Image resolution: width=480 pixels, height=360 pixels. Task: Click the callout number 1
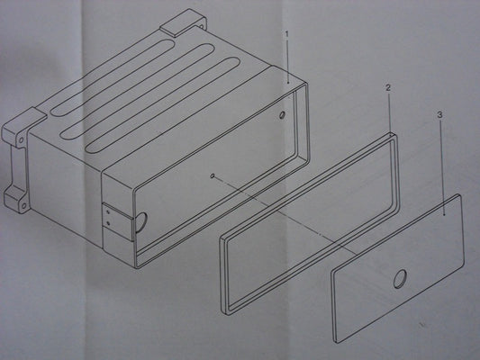[x=287, y=34]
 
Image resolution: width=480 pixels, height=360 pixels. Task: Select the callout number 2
[x=388, y=88]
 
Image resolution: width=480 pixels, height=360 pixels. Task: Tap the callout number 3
[x=439, y=115]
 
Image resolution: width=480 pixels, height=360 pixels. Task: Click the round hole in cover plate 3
[x=400, y=279]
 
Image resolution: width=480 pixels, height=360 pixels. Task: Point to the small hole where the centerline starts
[x=213, y=175]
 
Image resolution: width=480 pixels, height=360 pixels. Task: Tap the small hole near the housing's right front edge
[x=282, y=114]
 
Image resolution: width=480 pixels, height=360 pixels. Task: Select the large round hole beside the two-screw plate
[x=141, y=221]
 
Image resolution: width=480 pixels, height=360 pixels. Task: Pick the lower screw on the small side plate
[x=108, y=223]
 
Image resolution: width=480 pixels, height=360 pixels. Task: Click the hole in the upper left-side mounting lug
[x=21, y=140]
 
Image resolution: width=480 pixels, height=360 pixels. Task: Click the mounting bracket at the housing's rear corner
[x=184, y=23]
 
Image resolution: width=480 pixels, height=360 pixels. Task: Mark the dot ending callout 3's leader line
[x=445, y=215]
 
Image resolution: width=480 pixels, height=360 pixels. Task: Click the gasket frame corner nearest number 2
[x=393, y=135]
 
